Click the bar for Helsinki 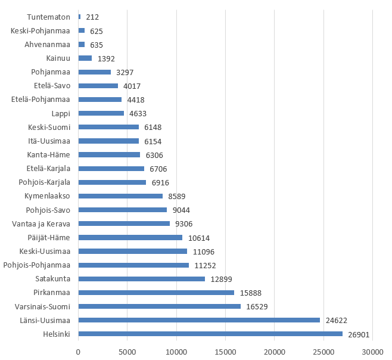[x=210, y=334]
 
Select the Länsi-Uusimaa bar [x=199, y=320]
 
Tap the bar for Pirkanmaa [x=156, y=293]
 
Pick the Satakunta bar [x=141, y=279]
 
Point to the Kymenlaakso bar [x=120, y=196]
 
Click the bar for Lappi [x=101, y=113]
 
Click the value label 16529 [x=259, y=306]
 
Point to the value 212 [x=92, y=17]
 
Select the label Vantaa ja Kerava [x=41, y=224]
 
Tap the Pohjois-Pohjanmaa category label [x=36, y=265]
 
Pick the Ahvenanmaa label [x=48, y=44]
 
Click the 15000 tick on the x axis [x=225, y=352]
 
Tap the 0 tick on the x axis [x=78, y=352]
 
